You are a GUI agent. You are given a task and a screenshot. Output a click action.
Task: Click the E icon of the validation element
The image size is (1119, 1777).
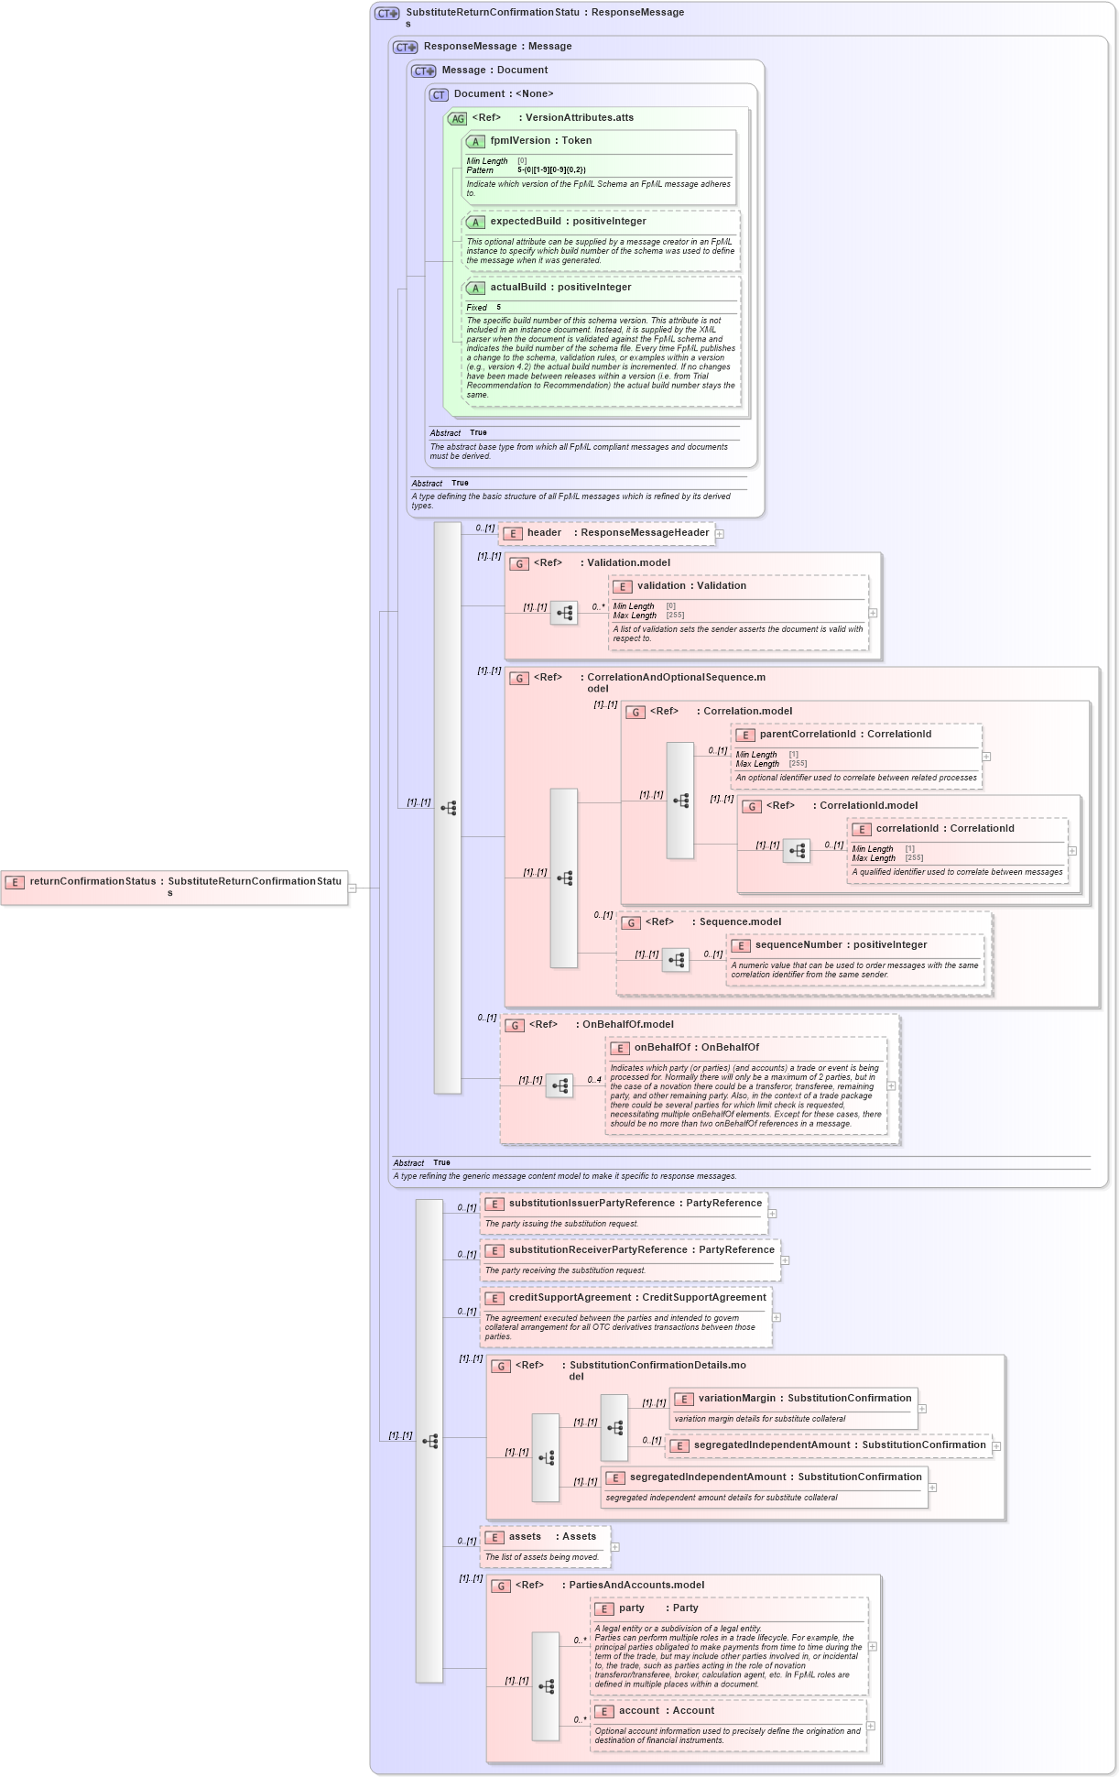(623, 587)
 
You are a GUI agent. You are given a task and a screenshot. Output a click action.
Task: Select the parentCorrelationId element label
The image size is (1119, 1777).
(845, 735)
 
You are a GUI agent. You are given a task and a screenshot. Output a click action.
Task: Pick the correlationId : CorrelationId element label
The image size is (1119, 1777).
(944, 829)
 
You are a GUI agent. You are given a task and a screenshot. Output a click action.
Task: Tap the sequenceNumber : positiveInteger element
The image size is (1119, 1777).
(841, 945)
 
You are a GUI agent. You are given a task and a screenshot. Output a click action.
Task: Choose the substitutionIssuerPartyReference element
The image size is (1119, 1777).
(635, 1204)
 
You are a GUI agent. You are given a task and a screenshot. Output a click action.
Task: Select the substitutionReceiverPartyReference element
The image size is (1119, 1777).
(641, 1250)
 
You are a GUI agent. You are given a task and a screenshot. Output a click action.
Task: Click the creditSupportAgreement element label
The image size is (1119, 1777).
(637, 1298)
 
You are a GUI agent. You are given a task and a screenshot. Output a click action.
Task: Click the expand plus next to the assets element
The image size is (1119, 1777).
(615, 1547)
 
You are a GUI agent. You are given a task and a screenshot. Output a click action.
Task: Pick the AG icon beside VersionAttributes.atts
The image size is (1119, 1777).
(457, 119)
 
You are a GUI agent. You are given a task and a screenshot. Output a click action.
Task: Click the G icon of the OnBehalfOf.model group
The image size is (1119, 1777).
(515, 1026)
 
